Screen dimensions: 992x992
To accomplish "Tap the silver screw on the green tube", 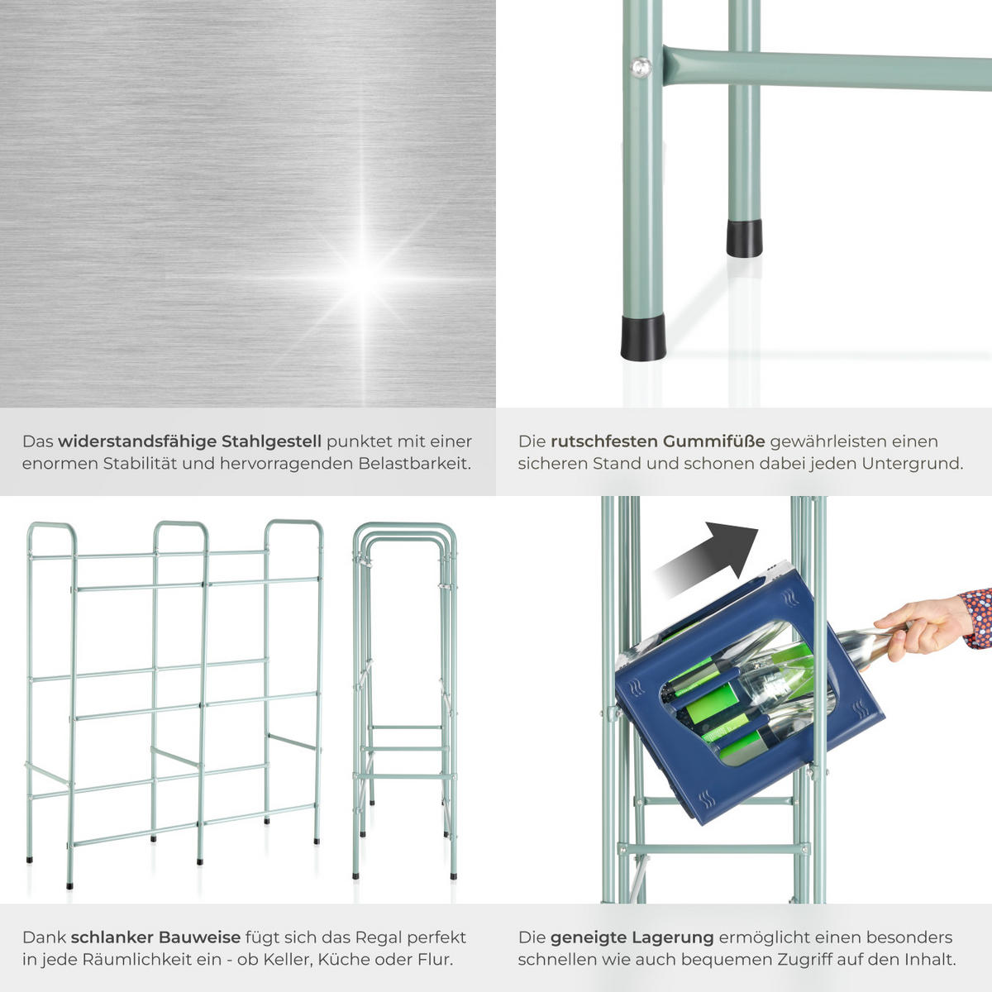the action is [x=641, y=67].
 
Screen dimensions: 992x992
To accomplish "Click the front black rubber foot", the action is [x=643, y=338].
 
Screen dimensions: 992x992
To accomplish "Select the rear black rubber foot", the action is [x=744, y=238].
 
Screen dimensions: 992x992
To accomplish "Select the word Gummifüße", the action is [x=713, y=441].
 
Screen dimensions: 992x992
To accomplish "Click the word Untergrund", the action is [x=912, y=465].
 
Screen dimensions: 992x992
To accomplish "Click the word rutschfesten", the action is [x=603, y=441].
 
